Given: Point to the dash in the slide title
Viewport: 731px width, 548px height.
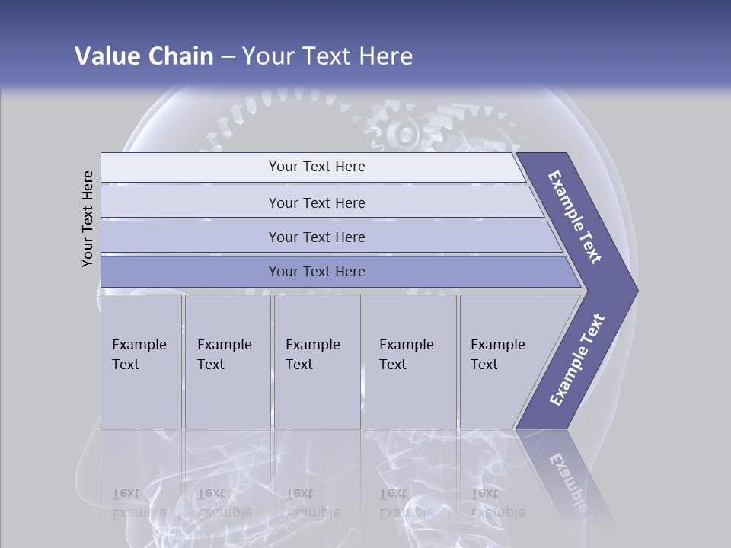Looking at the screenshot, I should pyautogui.click(x=228, y=57).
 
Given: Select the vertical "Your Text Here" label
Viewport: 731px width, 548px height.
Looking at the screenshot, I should pyautogui.click(x=88, y=219).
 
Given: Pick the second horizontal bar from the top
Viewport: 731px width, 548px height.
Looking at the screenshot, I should pyautogui.click(x=317, y=202).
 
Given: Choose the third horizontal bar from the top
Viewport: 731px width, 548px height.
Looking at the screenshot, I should pyautogui.click(x=317, y=237).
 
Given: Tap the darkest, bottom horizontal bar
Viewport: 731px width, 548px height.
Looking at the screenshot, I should pyautogui.click(x=317, y=272).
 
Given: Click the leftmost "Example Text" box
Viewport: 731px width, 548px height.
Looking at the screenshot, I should pyautogui.click(x=141, y=361).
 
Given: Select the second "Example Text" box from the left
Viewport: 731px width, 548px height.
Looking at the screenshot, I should pyautogui.click(x=227, y=361).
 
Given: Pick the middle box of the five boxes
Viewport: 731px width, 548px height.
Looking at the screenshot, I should pyautogui.click(x=317, y=361).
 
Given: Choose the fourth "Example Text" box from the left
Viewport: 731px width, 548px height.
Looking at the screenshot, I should pyautogui.click(x=410, y=361).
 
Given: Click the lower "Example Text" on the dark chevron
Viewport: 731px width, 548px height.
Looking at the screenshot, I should pyautogui.click(x=577, y=359).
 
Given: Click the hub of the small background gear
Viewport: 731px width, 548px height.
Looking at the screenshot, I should pyautogui.click(x=404, y=135).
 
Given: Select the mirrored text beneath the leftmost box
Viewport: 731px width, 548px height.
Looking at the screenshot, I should pyautogui.click(x=139, y=502).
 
